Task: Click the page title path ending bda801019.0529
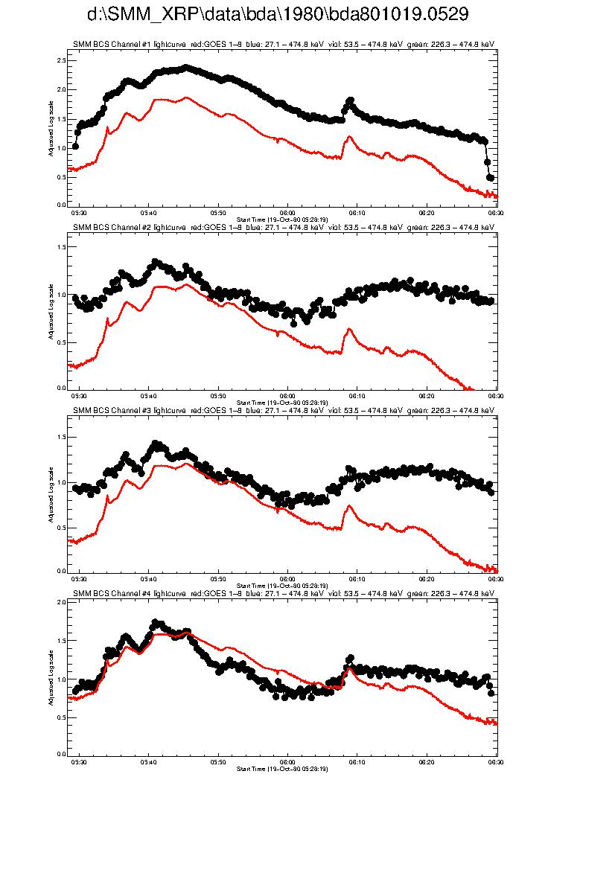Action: (x=277, y=14)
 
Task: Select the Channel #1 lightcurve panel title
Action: (x=283, y=45)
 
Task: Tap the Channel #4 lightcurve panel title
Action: (x=283, y=594)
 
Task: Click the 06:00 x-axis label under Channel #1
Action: (x=287, y=212)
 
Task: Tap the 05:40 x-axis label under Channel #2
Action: (x=148, y=395)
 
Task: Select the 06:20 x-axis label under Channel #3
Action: (x=427, y=578)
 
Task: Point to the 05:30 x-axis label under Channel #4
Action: (x=79, y=761)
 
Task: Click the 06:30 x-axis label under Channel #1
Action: (x=494, y=212)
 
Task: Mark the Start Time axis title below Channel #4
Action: (x=282, y=768)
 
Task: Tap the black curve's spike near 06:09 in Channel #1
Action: (x=350, y=100)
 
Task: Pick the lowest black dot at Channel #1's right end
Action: (x=491, y=178)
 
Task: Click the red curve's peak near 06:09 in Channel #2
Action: (x=348, y=328)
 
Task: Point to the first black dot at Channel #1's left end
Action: (x=75, y=146)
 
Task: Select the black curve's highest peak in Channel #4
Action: (x=156, y=622)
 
